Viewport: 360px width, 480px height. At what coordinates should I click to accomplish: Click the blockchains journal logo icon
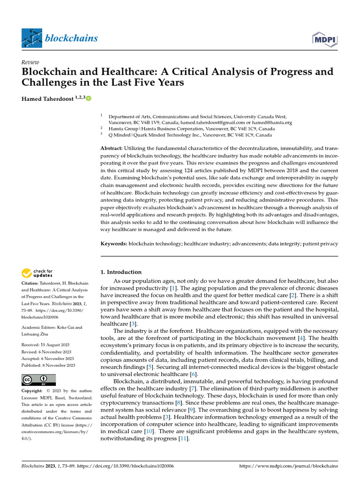click(32, 38)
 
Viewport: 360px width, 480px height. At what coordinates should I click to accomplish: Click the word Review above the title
click(30, 62)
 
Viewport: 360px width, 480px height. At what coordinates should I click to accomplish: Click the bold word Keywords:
click(114, 244)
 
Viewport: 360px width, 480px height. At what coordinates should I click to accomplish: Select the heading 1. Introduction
click(121, 272)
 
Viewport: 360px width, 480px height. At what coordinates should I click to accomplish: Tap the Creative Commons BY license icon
click(38, 380)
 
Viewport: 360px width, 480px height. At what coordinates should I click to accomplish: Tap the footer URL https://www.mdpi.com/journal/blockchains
click(288, 466)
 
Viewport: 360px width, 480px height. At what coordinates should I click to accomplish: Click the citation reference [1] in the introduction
click(173, 288)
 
